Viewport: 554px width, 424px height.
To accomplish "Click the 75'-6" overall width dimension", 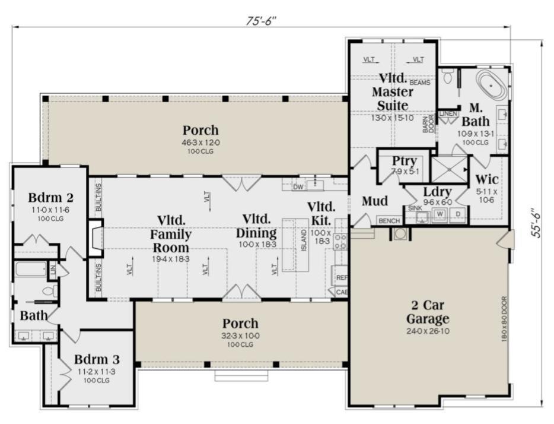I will pyautogui.click(x=262, y=21).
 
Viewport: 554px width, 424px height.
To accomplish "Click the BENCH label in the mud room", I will pyautogui.click(x=389, y=221).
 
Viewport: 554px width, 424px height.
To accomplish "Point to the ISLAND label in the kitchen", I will pyautogui.click(x=304, y=240).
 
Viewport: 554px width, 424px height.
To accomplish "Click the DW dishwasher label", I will pyautogui.click(x=298, y=187).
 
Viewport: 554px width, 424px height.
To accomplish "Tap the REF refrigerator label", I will pyautogui.click(x=342, y=278).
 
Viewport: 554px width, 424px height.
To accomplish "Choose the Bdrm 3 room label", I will pyautogui.click(x=97, y=359).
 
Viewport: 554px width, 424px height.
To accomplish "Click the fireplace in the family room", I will pyautogui.click(x=95, y=238).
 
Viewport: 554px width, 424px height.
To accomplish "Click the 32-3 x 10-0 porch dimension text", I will pyautogui.click(x=240, y=336).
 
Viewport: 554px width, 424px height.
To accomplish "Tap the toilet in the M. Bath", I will pyautogui.click(x=448, y=77).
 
